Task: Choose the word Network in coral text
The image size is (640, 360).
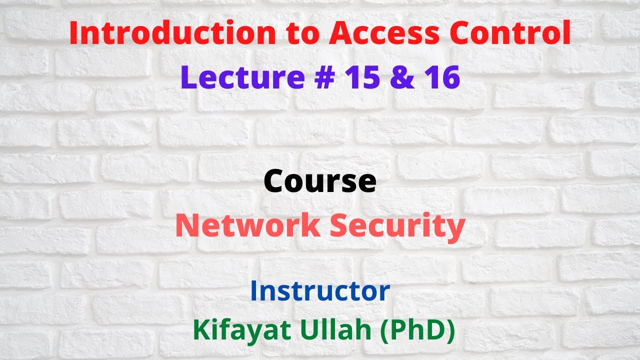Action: click(x=247, y=226)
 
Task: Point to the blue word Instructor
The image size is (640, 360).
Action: click(x=320, y=291)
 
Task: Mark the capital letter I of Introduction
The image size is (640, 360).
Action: click(x=73, y=34)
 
